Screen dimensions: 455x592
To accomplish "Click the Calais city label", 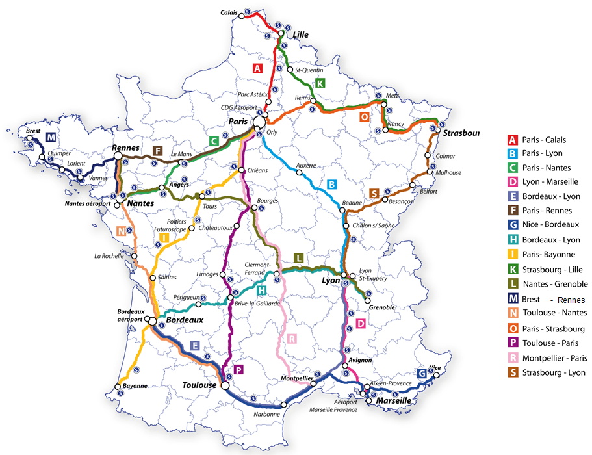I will (x=229, y=12).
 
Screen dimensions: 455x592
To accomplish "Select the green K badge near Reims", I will (x=319, y=83).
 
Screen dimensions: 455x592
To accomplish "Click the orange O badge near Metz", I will (x=364, y=117).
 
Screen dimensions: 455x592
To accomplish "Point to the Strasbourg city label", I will (x=460, y=133).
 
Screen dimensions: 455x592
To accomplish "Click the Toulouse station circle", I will (x=225, y=385).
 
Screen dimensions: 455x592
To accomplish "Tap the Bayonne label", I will (x=135, y=385).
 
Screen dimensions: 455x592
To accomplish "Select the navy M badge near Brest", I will (x=50, y=137).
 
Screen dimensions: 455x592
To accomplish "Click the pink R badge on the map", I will (x=292, y=339).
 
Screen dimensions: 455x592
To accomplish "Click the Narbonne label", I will (x=267, y=414).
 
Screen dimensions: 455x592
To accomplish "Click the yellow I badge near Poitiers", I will (x=165, y=239).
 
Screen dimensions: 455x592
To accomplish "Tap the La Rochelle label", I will (x=109, y=255).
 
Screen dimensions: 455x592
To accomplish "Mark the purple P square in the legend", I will (x=512, y=343).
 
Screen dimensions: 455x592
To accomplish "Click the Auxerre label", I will (x=306, y=165).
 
